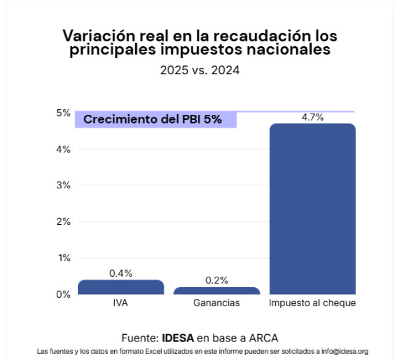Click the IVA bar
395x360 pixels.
click(121, 287)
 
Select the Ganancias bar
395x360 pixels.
click(217, 291)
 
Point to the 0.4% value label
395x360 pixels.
click(121, 273)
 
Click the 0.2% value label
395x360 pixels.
click(217, 280)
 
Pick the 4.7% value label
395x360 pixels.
click(312, 117)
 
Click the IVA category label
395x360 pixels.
click(121, 304)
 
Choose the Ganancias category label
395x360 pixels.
click(217, 304)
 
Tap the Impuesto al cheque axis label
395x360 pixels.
click(312, 304)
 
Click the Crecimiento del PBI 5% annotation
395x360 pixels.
click(152, 119)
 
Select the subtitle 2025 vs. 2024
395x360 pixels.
click(199, 70)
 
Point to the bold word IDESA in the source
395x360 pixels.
click(178, 338)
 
